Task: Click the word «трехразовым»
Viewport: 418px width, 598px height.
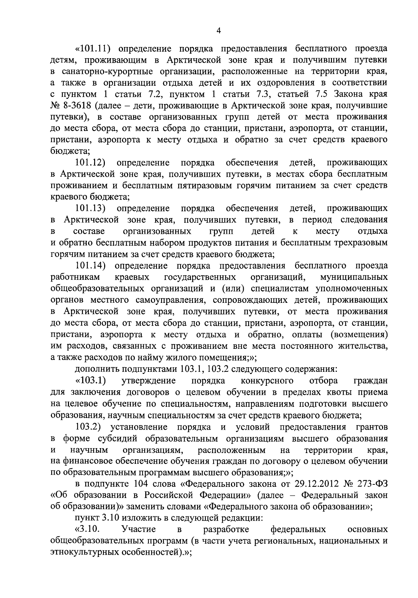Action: [x=358, y=243]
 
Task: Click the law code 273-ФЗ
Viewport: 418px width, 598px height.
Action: [x=370, y=484]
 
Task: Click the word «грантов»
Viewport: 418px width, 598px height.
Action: [x=372, y=427]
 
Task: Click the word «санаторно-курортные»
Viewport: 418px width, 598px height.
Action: [x=109, y=71]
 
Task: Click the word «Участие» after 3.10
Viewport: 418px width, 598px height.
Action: [x=139, y=529]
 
